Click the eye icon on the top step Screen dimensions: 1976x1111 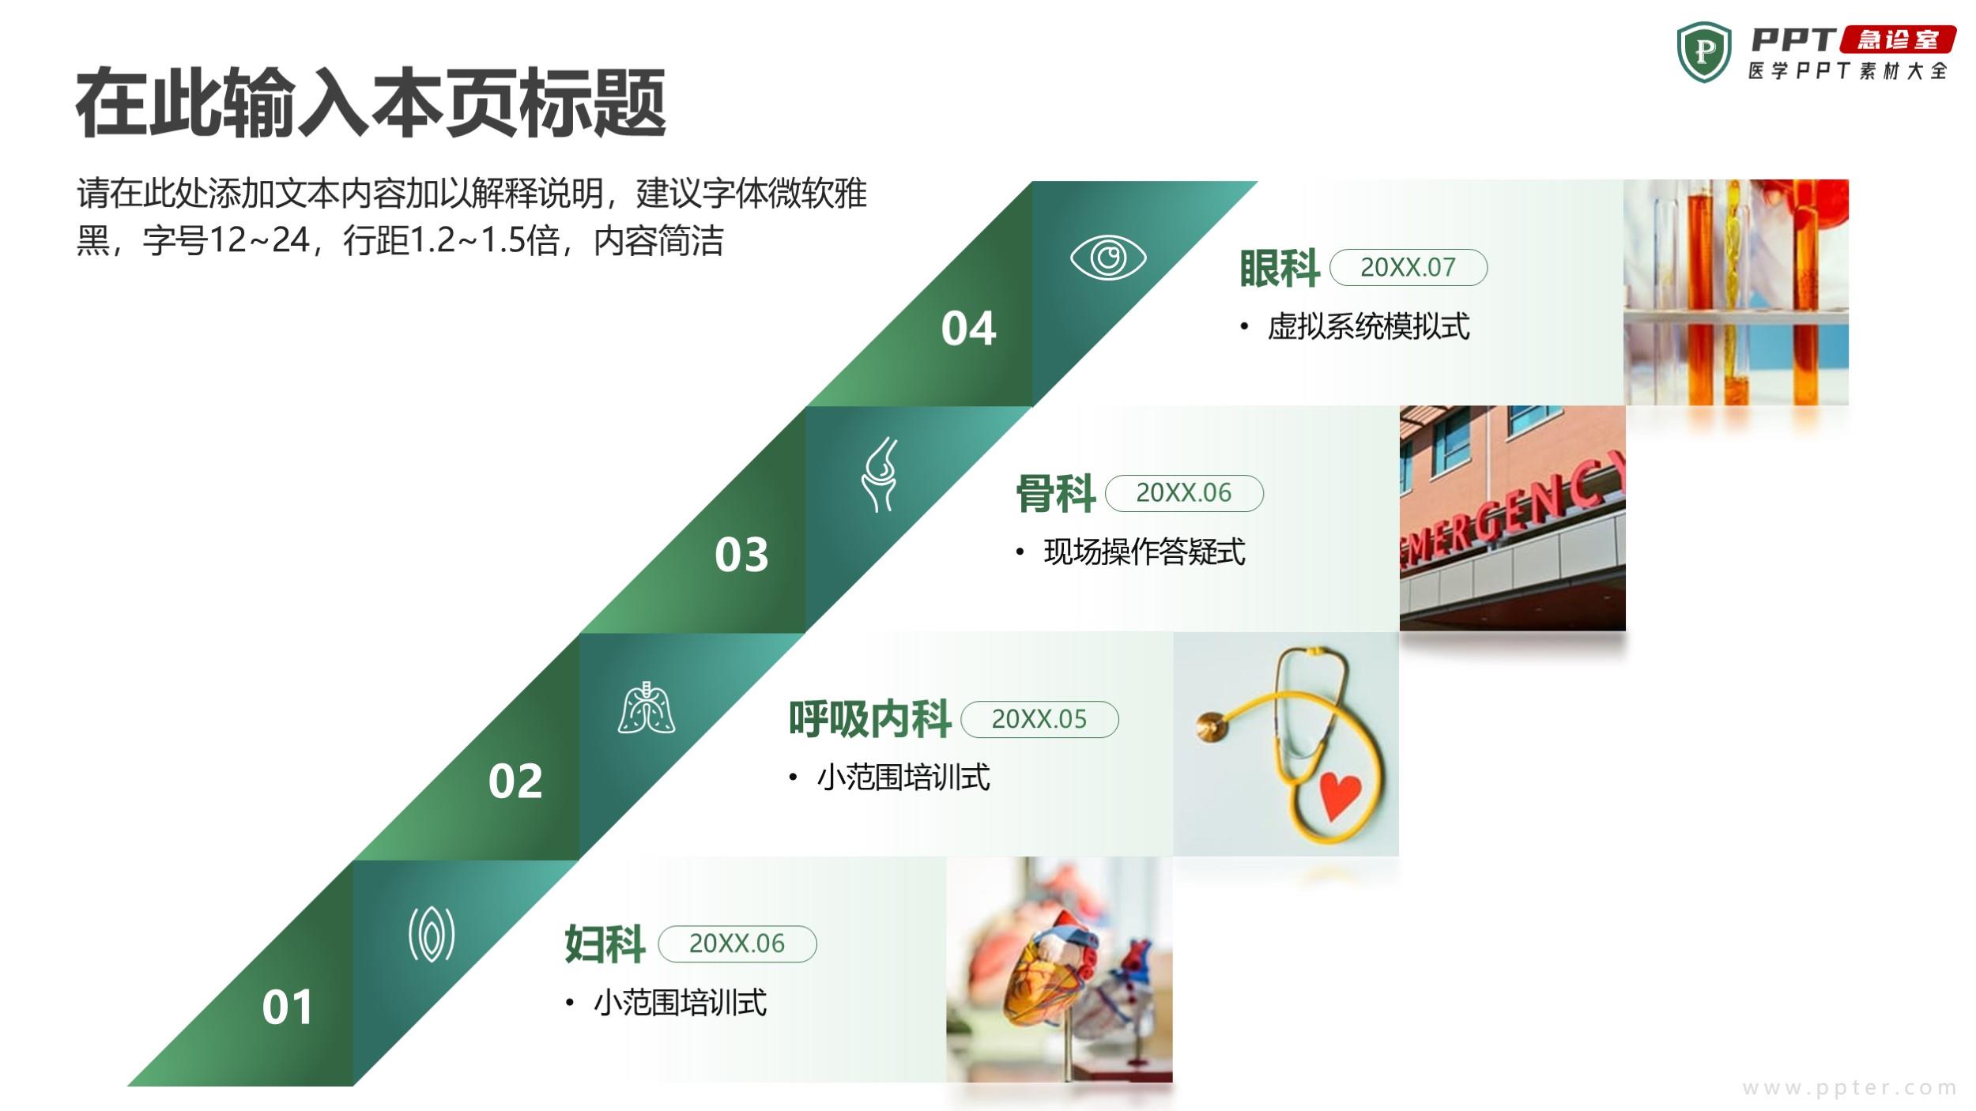(x=1107, y=258)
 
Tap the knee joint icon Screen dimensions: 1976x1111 (x=880, y=474)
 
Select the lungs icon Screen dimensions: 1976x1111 (x=646, y=707)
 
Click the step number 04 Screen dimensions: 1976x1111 (x=968, y=328)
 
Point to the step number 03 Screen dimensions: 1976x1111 (x=741, y=554)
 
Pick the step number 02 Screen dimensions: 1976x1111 (x=515, y=781)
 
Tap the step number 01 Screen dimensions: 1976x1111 (x=287, y=1007)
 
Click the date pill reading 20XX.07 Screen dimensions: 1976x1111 (x=1408, y=267)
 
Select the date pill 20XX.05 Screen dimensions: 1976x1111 (x=1039, y=719)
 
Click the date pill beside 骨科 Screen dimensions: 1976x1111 (x=1184, y=493)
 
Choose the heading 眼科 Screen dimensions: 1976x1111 (x=1279, y=268)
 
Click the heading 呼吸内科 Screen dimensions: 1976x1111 (x=869, y=719)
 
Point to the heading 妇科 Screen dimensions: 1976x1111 (x=605, y=944)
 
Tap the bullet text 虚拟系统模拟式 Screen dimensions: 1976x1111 (x=1368, y=326)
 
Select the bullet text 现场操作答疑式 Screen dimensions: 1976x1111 (x=1144, y=552)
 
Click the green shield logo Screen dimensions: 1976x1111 (x=1704, y=52)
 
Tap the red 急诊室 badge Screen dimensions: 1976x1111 (x=1898, y=40)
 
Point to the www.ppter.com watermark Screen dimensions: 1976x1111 (x=1849, y=1088)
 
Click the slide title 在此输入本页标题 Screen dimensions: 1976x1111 (x=371, y=103)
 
